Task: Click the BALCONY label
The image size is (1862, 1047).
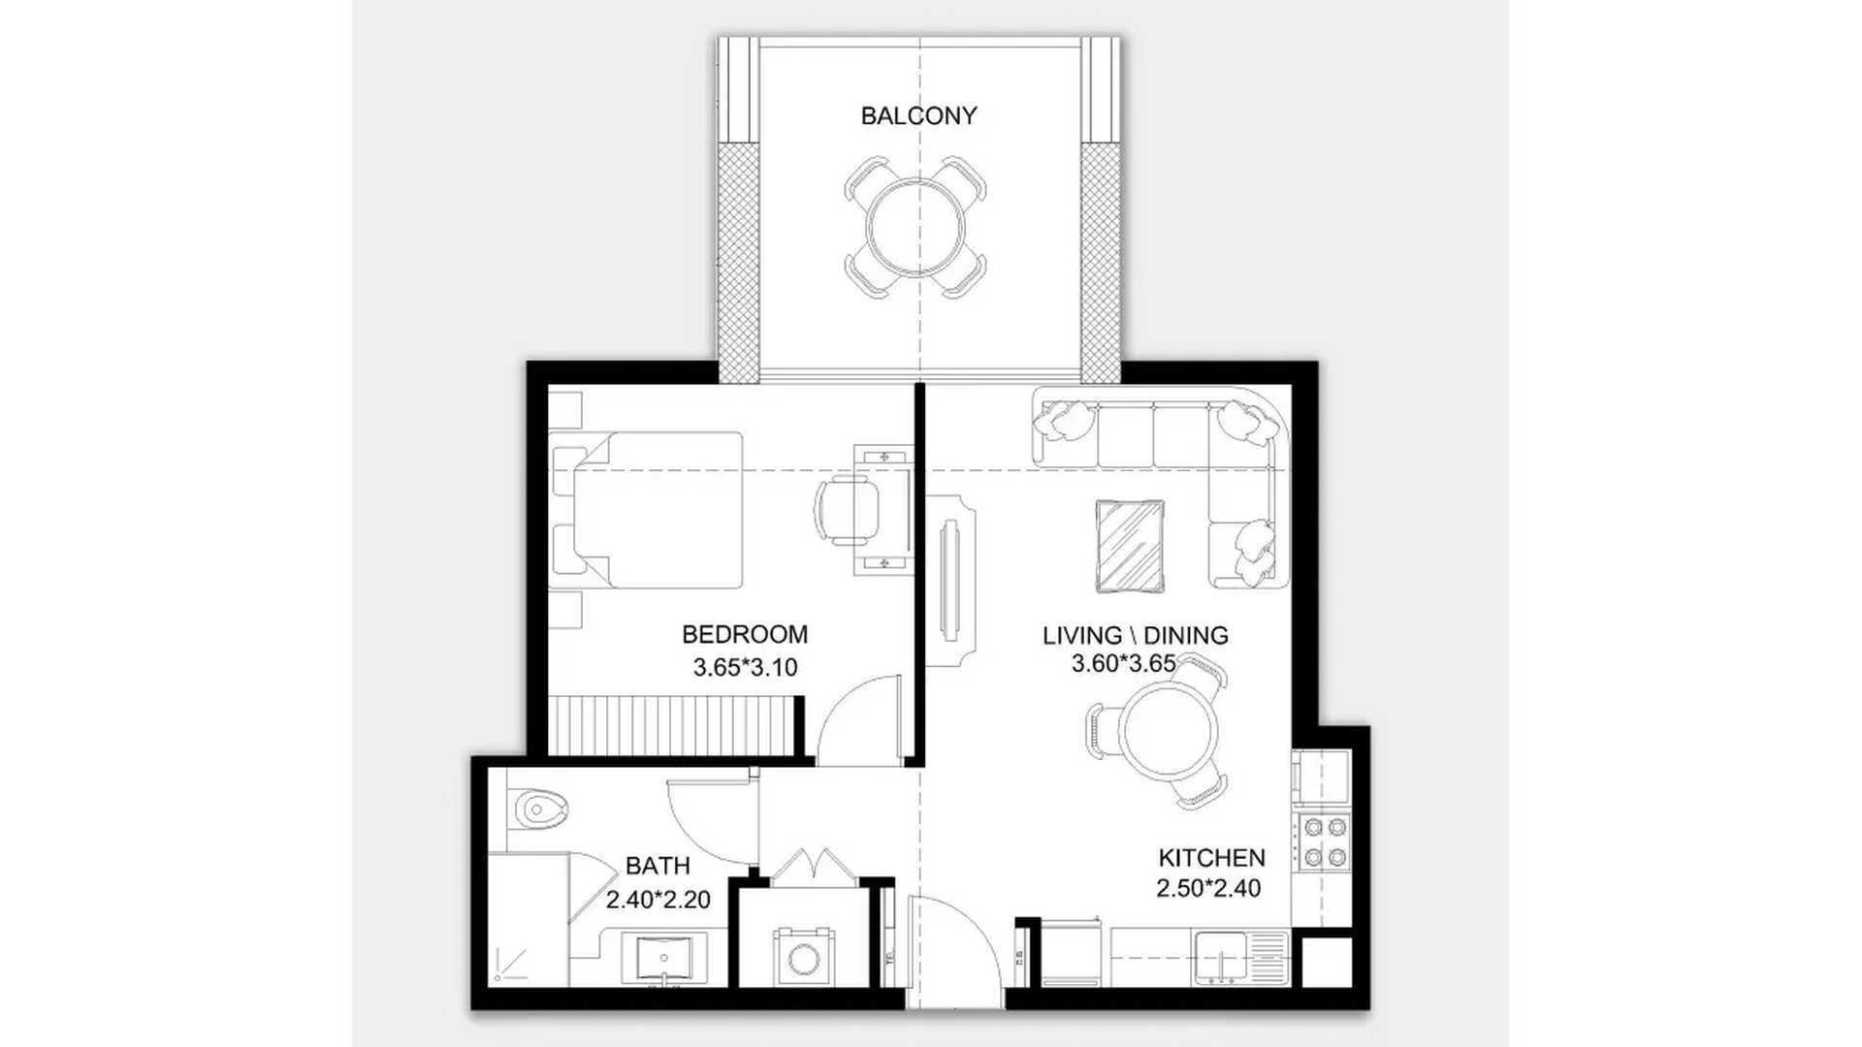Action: coord(918,116)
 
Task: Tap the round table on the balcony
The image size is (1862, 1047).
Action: coord(917,226)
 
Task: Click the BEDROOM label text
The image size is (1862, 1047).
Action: coord(745,635)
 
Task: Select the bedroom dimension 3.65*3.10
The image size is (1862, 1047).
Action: coord(745,667)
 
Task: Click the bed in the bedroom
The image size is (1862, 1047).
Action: coord(658,510)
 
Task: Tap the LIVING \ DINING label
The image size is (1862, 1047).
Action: coord(1136,636)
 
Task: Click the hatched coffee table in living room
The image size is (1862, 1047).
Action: coord(1130,545)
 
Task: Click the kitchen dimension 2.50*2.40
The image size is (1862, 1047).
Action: coord(1209,888)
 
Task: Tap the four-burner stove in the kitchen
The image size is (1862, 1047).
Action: coord(1324,841)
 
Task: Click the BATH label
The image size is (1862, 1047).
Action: coord(658,866)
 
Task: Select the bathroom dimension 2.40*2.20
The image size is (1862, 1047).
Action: coord(658,900)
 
